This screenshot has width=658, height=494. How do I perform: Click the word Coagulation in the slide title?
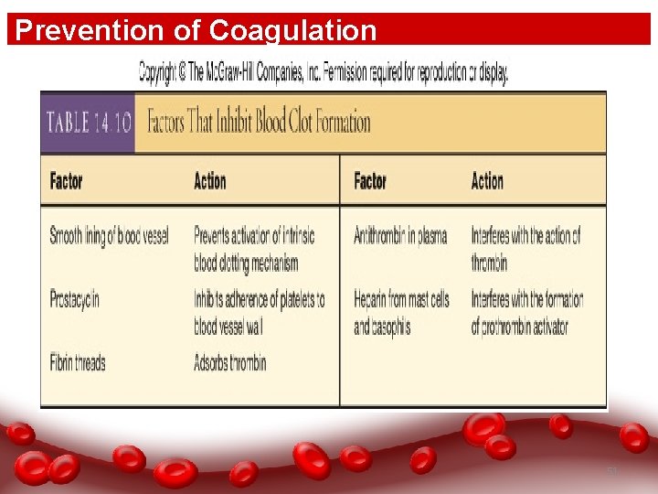point(292,30)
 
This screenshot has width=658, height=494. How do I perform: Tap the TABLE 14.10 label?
point(87,123)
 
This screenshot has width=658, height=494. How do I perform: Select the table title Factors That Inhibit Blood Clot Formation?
point(260,123)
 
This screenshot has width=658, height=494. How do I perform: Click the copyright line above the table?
point(323,73)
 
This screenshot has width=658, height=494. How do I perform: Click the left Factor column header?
point(67,181)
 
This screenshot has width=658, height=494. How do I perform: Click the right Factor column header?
point(370,181)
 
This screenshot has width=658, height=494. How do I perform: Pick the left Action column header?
point(209,181)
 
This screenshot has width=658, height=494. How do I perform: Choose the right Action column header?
point(487,181)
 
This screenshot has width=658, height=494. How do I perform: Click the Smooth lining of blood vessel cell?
point(110,236)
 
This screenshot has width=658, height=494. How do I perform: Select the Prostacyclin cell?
point(75,299)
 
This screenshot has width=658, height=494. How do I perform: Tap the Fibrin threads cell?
point(78,362)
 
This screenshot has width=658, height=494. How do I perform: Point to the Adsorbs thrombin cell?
point(230,362)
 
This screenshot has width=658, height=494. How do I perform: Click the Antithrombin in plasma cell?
point(400,236)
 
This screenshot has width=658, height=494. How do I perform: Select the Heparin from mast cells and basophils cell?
point(401,312)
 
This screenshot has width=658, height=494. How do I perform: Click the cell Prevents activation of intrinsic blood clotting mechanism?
point(254,249)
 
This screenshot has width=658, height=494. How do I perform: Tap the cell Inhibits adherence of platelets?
point(259,312)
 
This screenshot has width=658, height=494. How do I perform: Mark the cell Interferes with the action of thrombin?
point(525,249)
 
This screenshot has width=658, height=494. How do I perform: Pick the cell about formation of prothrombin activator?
point(527,312)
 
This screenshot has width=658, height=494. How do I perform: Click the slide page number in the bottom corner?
point(613,470)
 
